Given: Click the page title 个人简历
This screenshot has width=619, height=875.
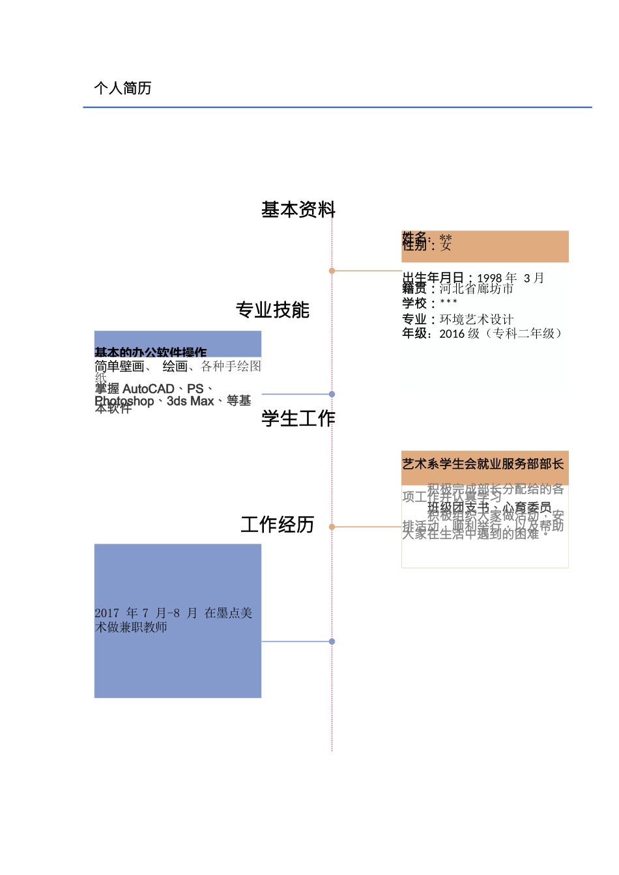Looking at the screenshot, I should pyautogui.click(x=122, y=88).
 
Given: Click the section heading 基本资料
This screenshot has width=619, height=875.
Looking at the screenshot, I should pyautogui.click(x=298, y=210).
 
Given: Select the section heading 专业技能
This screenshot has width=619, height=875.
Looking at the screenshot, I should pyautogui.click(x=272, y=310).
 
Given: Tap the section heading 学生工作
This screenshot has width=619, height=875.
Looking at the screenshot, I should pyautogui.click(x=298, y=418).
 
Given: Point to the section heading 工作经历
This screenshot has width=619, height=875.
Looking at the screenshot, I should pyautogui.click(x=278, y=524).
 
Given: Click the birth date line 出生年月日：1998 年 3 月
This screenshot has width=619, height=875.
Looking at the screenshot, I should pyautogui.click(x=472, y=277).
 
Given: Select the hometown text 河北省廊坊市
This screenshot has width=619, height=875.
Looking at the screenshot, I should pyautogui.click(x=476, y=288).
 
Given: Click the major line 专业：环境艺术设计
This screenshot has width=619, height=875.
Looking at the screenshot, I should pyautogui.click(x=457, y=319).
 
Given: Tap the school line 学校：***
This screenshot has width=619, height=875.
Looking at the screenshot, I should pyautogui.click(x=429, y=303).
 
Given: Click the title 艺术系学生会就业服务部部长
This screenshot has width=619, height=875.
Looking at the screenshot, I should pyautogui.click(x=483, y=464).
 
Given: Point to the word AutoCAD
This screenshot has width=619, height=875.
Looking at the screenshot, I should pyautogui.click(x=148, y=389).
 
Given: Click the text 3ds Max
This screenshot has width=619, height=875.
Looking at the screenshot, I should pyautogui.click(x=190, y=401).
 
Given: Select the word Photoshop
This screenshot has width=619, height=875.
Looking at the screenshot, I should pyautogui.click(x=124, y=401).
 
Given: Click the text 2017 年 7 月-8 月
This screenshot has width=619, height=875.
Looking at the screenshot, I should pyautogui.click(x=146, y=613).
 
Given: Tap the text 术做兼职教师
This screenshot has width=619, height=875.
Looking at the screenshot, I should pyautogui.click(x=131, y=627).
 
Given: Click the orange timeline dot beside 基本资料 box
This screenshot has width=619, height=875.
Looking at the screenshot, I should pyautogui.click(x=332, y=270).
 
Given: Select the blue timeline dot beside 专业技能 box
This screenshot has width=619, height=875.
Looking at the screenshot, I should pyautogui.click(x=332, y=394).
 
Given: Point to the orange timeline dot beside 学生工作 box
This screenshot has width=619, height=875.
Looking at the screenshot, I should pyautogui.click(x=332, y=527).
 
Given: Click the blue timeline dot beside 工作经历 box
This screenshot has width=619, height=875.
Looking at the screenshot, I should pyautogui.click(x=332, y=641).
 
